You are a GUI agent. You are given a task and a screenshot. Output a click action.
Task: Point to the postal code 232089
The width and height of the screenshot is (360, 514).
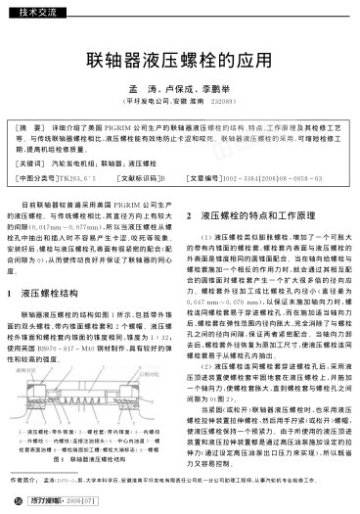pos(220,101)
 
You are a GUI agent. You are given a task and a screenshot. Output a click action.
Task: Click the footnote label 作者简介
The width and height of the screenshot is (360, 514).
pos(28,482)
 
